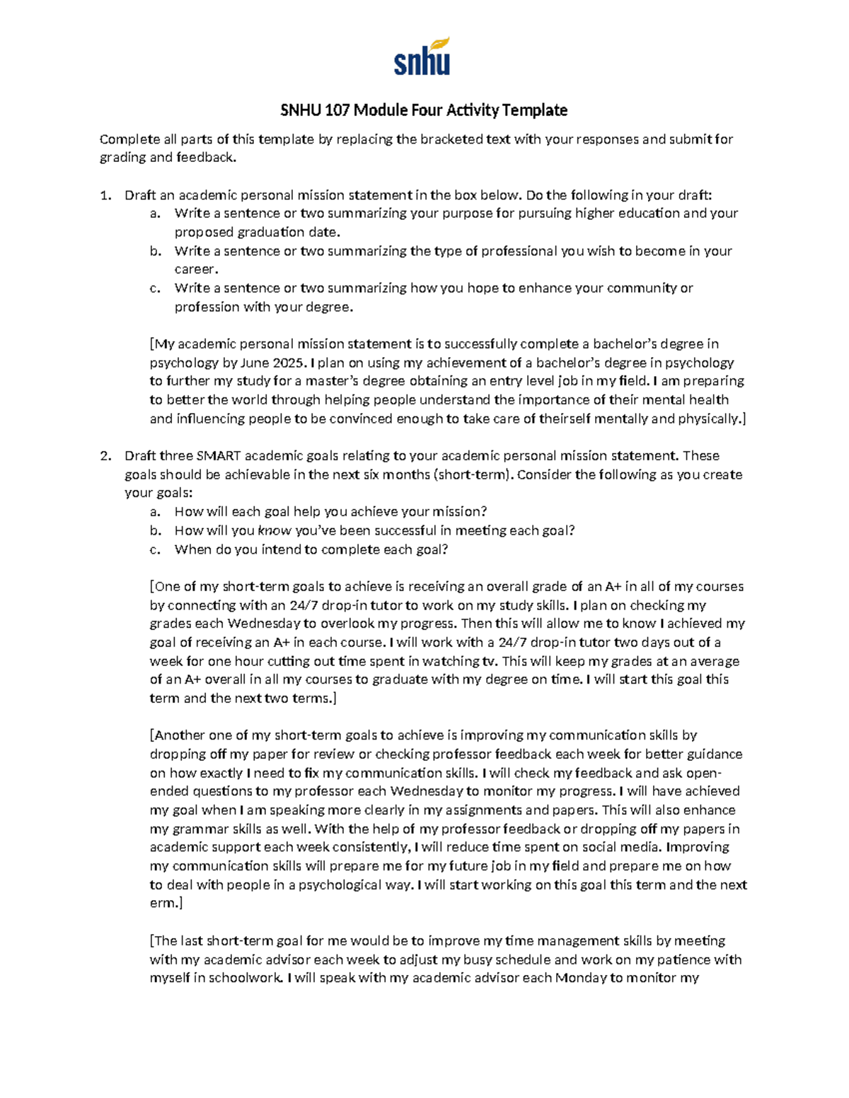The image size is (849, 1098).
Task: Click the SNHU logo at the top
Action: coord(422,58)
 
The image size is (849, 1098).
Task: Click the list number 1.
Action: coord(105,195)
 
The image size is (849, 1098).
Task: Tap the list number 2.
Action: coord(105,456)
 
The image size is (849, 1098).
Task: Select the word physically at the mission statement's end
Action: coord(708,419)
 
